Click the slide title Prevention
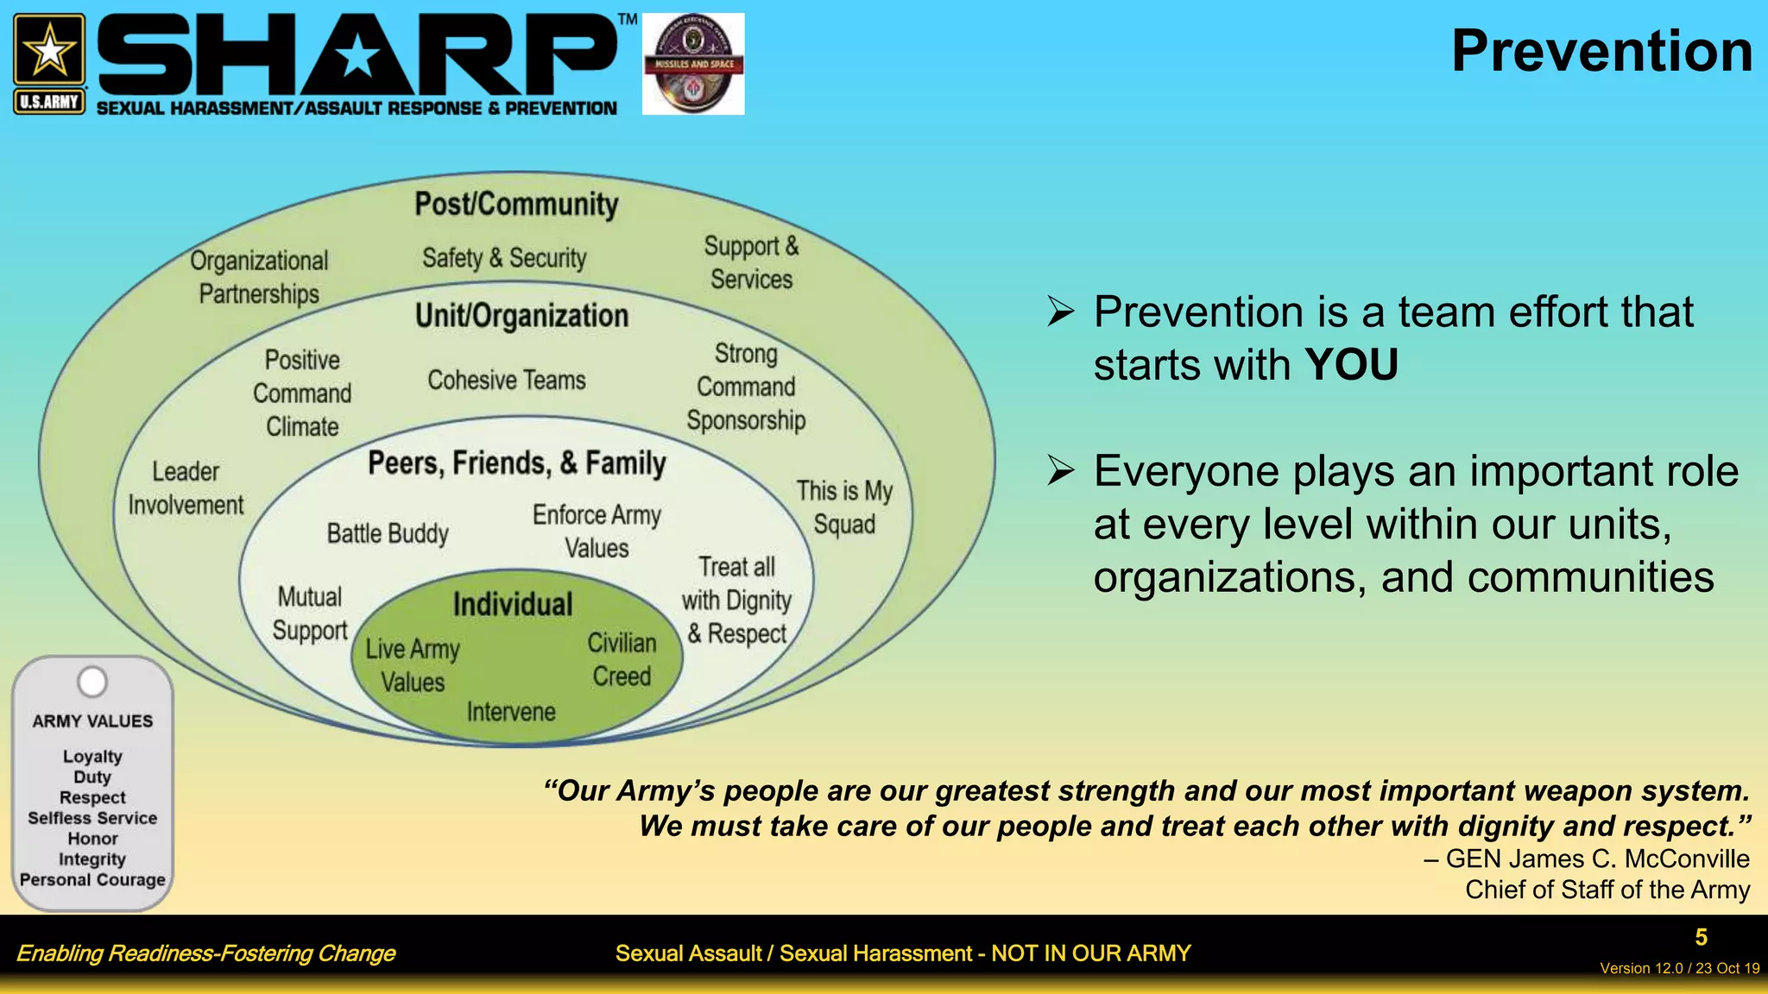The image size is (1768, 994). pos(1601,52)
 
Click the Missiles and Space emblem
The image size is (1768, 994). pos(693,64)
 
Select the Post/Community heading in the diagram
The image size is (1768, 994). pos(516,204)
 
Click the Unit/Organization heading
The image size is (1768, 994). pos(521,316)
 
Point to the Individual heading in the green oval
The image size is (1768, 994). pos(513,604)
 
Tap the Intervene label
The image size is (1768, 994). pos(511,712)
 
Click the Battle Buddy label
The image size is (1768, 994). pos(388,533)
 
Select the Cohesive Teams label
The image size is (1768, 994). pos(507,380)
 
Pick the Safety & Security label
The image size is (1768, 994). pos(504,258)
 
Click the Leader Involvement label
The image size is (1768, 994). pos(186,488)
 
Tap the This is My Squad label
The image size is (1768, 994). pos(844,507)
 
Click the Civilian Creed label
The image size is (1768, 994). pos(622,659)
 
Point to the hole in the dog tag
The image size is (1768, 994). pos(92,682)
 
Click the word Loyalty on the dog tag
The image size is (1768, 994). pos(92,757)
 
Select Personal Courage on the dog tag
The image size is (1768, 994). pos(92,880)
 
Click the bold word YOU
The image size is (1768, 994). pos(1351,365)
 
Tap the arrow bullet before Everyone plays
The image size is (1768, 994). pos(1061,471)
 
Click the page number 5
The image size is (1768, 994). pos(1701,937)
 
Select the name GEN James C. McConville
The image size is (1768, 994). pos(1597,859)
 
